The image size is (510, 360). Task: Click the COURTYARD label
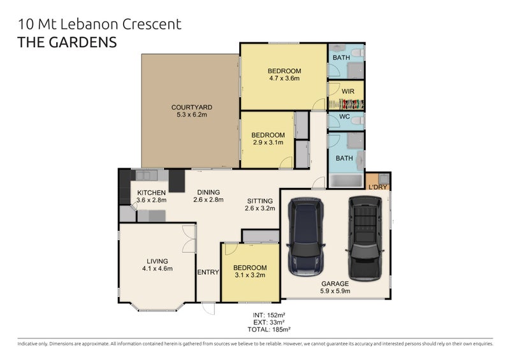(x=191, y=107)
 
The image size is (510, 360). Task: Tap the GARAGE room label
(x=335, y=284)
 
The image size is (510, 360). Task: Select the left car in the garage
(x=306, y=236)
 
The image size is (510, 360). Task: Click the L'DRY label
(x=378, y=187)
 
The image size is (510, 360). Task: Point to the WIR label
(x=347, y=91)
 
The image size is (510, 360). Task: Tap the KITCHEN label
(x=152, y=192)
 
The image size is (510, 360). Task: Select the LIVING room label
(x=157, y=261)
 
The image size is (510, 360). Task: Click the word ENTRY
(x=208, y=272)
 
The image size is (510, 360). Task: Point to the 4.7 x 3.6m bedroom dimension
(x=284, y=79)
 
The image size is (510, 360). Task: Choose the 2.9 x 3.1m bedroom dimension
(x=267, y=143)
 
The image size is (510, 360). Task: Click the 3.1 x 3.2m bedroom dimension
(x=249, y=275)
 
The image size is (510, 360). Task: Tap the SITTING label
(x=259, y=201)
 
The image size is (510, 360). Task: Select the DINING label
(x=208, y=192)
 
